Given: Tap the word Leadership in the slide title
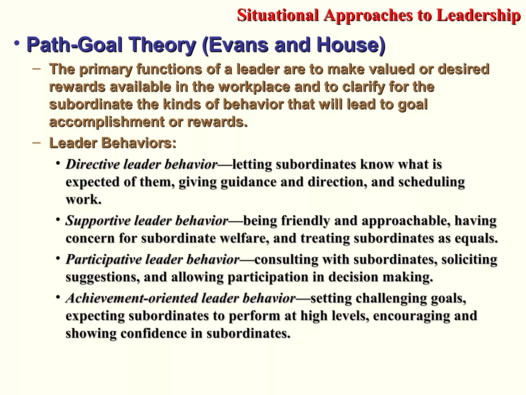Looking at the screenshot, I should (x=478, y=15).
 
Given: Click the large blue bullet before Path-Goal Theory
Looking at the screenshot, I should (x=17, y=43).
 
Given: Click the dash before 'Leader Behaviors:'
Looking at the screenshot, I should (x=36, y=142).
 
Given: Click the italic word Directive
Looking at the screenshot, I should (x=93, y=164).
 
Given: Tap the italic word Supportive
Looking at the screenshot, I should (x=98, y=221).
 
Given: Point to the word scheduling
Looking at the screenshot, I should (x=431, y=182).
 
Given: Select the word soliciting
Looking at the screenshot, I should (x=469, y=259).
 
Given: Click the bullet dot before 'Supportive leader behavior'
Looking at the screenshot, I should (x=59, y=219).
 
